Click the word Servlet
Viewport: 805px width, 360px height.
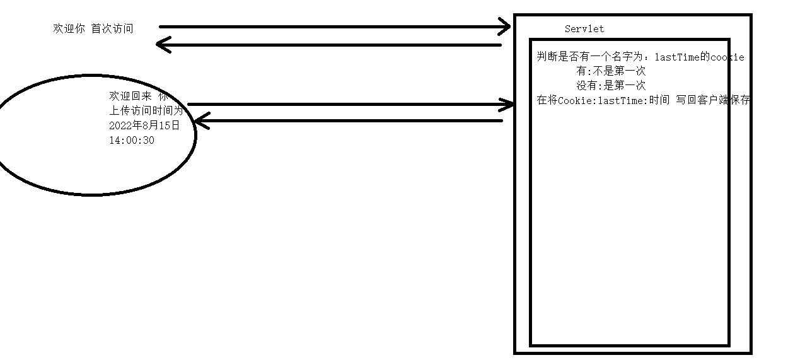pyautogui.click(x=584, y=29)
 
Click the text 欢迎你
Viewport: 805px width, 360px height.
pyautogui.click(x=69, y=28)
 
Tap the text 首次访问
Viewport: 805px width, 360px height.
pyautogui.click(x=112, y=28)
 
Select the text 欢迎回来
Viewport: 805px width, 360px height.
pyautogui.click(x=130, y=96)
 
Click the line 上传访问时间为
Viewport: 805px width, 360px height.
pyautogui.click(x=146, y=111)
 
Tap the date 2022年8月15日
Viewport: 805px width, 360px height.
pyautogui.click(x=144, y=125)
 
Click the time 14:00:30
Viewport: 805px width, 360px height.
pyautogui.click(x=131, y=140)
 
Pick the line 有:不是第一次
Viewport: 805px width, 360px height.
pyautogui.click(x=611, y=71)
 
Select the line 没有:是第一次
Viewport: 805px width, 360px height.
pyautogui.click(x=611, y=86)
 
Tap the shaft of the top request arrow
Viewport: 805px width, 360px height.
pyautogui.click(x=328, y=27)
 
